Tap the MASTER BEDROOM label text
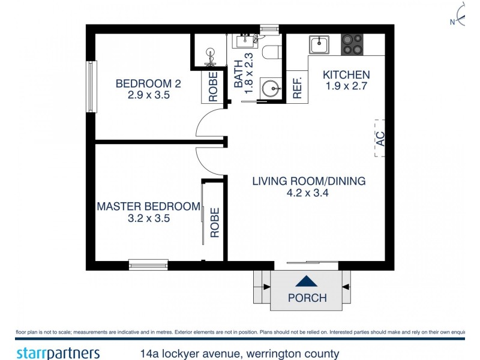(x=148, y=206)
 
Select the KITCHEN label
(x=346, y=75)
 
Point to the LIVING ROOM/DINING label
(x=308, y=181)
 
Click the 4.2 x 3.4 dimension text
(x=308, y=193)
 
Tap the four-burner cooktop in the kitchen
(x=352, y=44)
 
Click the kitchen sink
(x=319, y=44)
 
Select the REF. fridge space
(x=296, y=88)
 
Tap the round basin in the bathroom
(x=271, y=89)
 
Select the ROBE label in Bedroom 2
(x=212, y=86)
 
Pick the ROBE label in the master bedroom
(x=214, y=222)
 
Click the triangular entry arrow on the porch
(x=306, y=281)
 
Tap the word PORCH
(x=307, y=298)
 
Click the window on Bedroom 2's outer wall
(x=91, y=86)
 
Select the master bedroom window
(x=148, y=264)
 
